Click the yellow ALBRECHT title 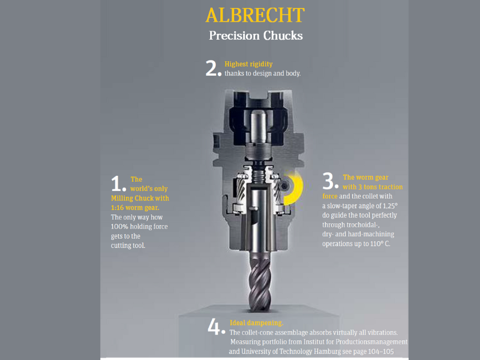(x=255, y=16)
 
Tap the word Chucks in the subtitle (x=283, y=35)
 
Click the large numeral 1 (x=117, y=184)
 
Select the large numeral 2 (x=212, y=68)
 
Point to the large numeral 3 (x=328, y=181)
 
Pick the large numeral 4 (x=214, y=326)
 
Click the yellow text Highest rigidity (x=248, y=64)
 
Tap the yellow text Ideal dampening (x=257, y=323)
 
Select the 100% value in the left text (x=119, y=227)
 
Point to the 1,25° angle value (x=390, y=206)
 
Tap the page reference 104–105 (x=381, y=352)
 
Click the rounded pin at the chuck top (x=258, y=126)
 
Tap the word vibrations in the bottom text (x=382, y=332)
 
